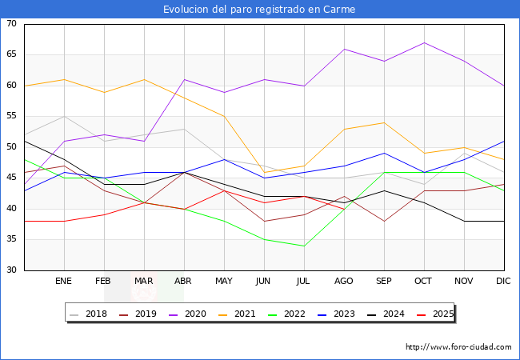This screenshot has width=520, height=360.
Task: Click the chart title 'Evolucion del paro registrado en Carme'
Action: click(259, 10)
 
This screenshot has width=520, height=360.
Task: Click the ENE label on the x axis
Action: click(64, 282)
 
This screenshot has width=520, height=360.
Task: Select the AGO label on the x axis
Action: click(344, 282)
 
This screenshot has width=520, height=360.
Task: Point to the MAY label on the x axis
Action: click(224, 282)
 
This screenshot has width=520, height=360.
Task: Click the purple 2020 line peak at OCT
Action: click(424, 43)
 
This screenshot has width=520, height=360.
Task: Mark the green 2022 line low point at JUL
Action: click(304, 246)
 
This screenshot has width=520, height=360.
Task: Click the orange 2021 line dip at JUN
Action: click(264, 172)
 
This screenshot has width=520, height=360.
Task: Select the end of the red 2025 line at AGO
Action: click(344, 209)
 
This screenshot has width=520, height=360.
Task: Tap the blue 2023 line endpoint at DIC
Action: click(504, 142)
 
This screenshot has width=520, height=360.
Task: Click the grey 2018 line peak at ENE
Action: click(64, 117)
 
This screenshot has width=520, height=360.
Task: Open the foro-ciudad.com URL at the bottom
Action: click(458, 347)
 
